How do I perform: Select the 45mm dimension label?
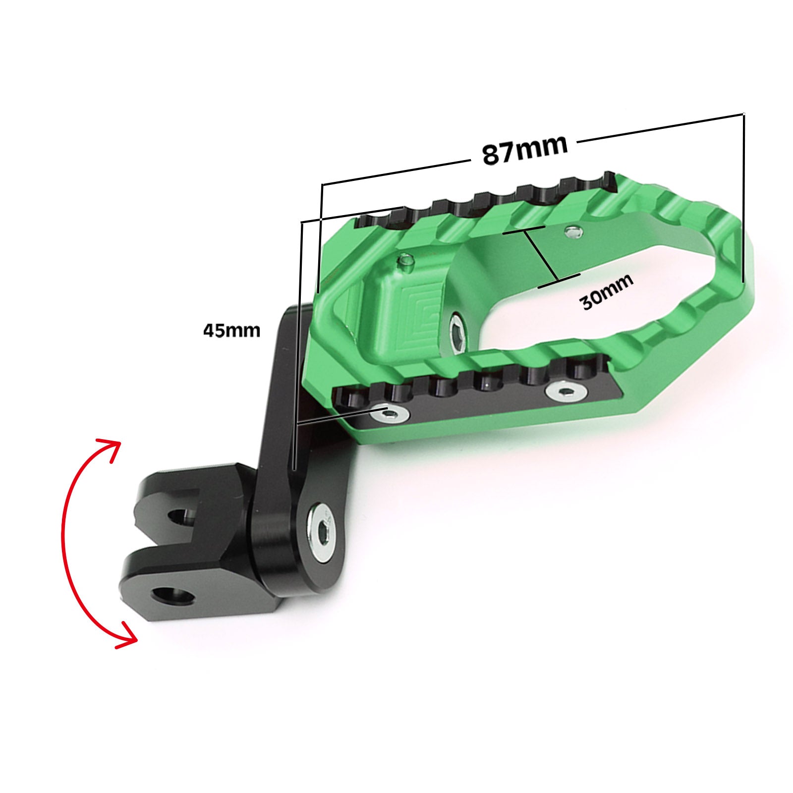[x=231, y=330]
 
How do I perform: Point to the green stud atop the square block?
[x=406, y=262]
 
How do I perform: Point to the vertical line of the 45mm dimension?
[x=298, y=347]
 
